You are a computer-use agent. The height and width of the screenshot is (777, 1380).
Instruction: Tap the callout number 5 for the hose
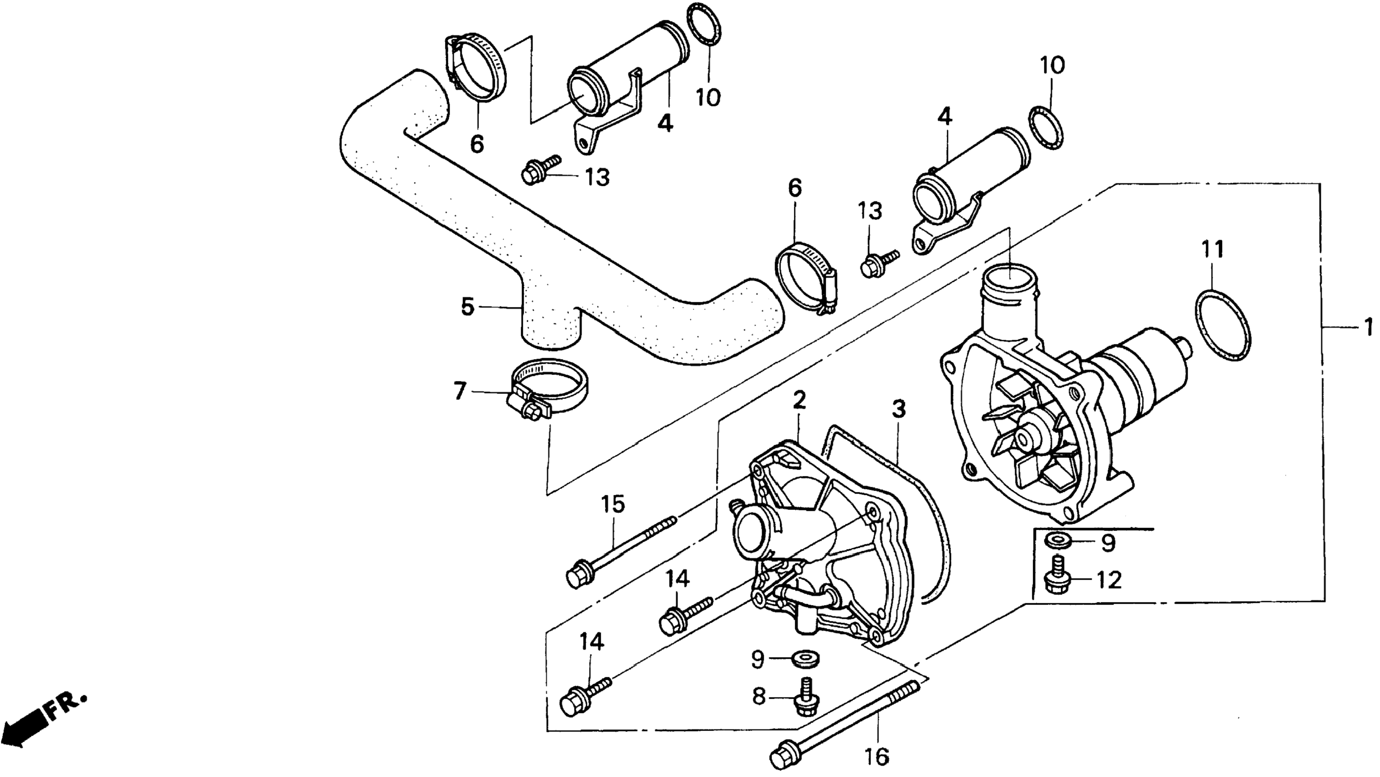(468, 307)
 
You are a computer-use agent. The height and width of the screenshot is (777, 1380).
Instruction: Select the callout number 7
(460, 391)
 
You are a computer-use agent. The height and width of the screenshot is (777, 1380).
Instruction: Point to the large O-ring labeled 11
(1223, 326)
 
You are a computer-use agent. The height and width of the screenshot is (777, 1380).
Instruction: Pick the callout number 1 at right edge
(1368, 327)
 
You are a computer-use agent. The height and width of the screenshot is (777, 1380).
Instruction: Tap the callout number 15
(613, 504)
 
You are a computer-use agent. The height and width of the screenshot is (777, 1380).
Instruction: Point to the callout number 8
(758, 697)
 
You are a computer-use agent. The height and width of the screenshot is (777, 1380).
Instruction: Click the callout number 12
(1109, 580)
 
